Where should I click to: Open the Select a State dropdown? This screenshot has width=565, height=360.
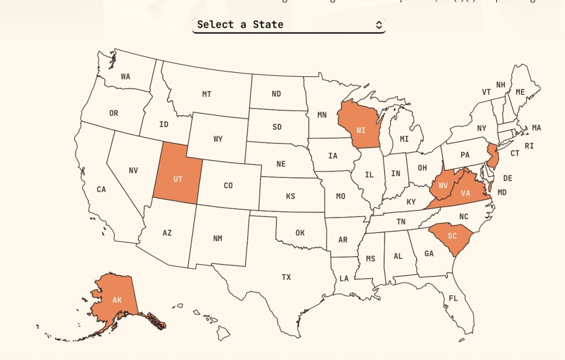288,25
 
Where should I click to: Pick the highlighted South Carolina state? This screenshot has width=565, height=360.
452,236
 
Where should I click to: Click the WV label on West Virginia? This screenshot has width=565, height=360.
443,186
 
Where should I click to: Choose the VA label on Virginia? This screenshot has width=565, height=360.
466,193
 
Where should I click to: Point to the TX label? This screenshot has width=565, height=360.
286,277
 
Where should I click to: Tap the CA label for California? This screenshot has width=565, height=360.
102,189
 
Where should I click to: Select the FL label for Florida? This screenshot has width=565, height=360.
453,298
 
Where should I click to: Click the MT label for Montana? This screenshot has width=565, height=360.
206,94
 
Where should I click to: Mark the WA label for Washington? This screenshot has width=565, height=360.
125,77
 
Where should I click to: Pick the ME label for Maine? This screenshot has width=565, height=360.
520,92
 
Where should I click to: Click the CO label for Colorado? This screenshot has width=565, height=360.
228,186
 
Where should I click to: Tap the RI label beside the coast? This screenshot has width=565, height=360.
529,146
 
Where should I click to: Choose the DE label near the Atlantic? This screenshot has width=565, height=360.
508,178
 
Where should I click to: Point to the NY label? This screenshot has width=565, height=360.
482,128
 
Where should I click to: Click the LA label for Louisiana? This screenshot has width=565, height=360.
344,278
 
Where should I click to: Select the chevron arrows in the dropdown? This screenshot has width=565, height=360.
379,25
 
